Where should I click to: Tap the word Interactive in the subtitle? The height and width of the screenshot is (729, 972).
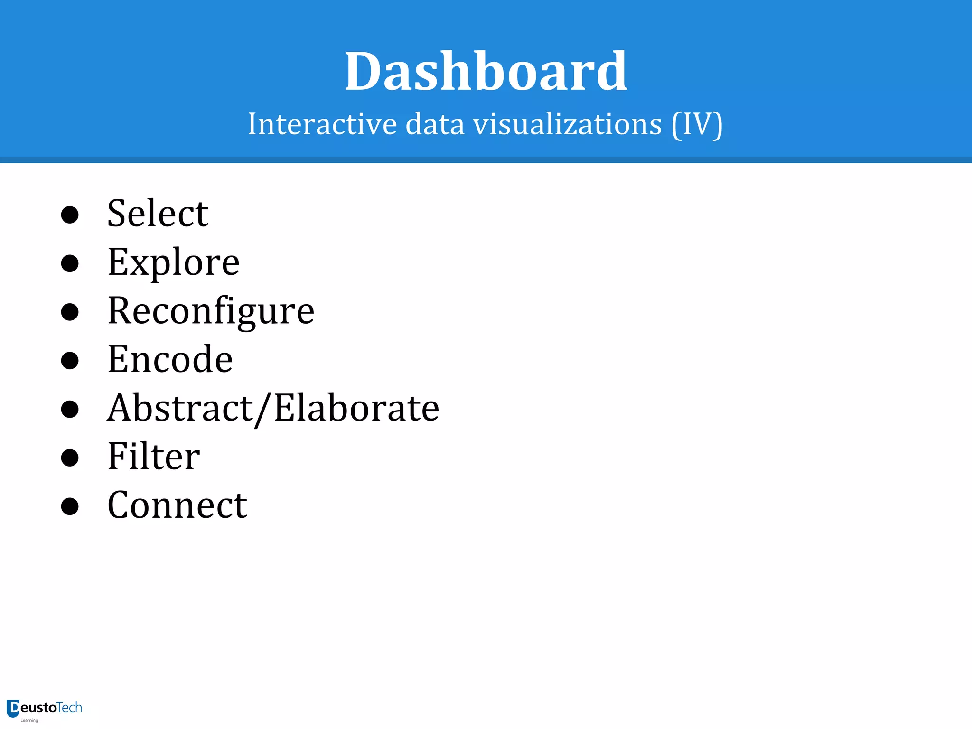(322, 124)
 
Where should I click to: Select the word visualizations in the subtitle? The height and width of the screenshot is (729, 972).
(567, 124)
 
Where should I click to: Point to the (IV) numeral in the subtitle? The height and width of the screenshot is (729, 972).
(697, 124)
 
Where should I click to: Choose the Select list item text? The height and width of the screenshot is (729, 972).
(158, 214)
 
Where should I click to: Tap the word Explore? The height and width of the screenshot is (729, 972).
(174, 262)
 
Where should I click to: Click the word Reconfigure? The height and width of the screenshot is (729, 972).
(211, 311)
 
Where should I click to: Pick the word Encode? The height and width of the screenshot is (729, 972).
(170, 359)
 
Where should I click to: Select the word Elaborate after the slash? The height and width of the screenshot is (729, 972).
(356, 408)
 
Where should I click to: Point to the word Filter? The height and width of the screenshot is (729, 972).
(154, 457)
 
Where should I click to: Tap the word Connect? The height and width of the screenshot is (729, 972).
(177, 505)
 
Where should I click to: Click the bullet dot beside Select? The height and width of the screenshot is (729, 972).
(70, 215)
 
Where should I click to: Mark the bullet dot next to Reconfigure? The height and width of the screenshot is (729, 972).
(70, 312)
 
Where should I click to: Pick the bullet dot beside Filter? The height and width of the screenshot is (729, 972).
(70, 458)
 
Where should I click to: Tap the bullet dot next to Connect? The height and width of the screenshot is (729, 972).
(70, 506)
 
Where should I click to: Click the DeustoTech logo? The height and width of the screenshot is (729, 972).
(45, 709)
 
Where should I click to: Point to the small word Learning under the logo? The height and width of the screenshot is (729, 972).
(29, 720)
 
